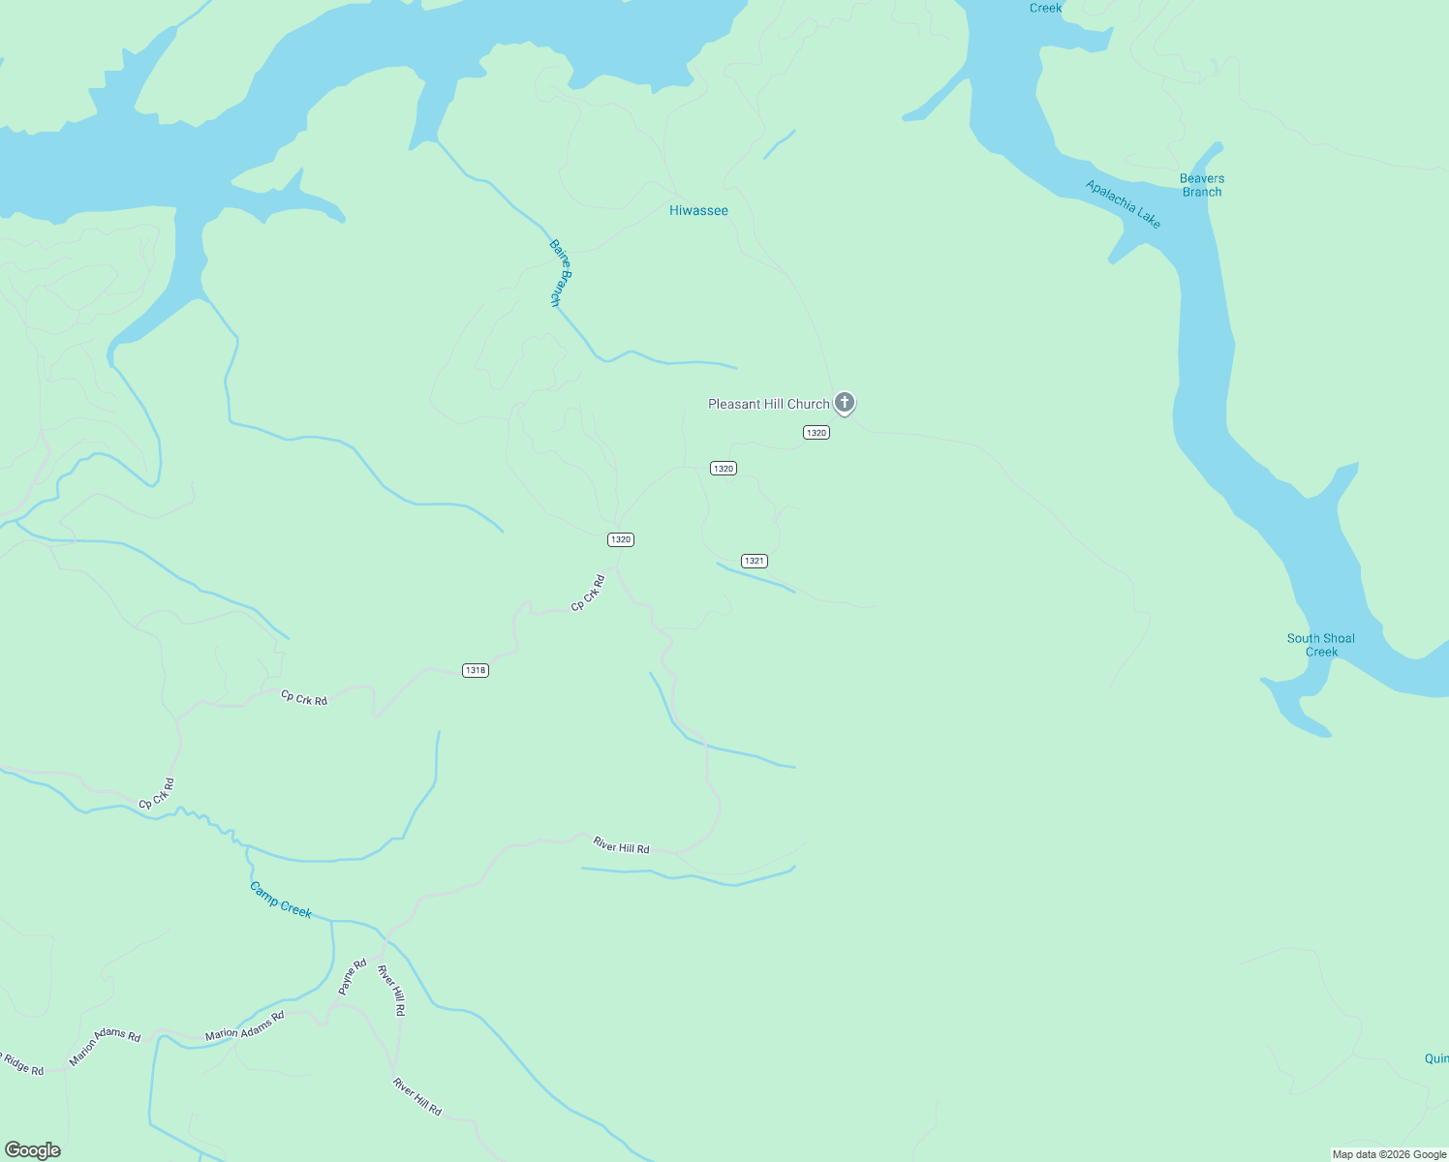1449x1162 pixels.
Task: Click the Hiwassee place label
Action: [698, 210]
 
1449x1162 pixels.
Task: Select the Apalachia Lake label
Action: [1123, 204]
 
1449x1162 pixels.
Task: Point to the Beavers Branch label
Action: [1202, 185]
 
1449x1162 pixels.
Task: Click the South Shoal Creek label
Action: [1321, 645]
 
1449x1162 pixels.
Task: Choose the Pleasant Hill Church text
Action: [768, 404]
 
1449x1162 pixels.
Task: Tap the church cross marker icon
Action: [845, 402]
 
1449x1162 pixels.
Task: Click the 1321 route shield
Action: [755, 561]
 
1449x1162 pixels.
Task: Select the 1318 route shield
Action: [475, 670]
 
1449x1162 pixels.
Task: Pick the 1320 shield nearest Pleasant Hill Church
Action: [817, 433]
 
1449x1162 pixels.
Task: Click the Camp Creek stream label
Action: [281, 900]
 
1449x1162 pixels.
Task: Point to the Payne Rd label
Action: [352, 977]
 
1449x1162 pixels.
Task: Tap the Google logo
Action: [32, 1150]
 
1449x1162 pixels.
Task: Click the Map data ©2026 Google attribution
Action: [1389, 1154]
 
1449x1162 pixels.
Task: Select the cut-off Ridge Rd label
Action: [21, 1064]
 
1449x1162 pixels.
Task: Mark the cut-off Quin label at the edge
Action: [1436, 1058]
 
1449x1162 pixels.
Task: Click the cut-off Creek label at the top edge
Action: [1046, 8]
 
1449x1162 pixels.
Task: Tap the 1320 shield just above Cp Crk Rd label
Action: [621, 539]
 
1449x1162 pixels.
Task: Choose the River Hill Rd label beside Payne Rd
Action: [391, 990]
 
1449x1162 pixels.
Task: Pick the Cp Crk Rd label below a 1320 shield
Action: [588, 594]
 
